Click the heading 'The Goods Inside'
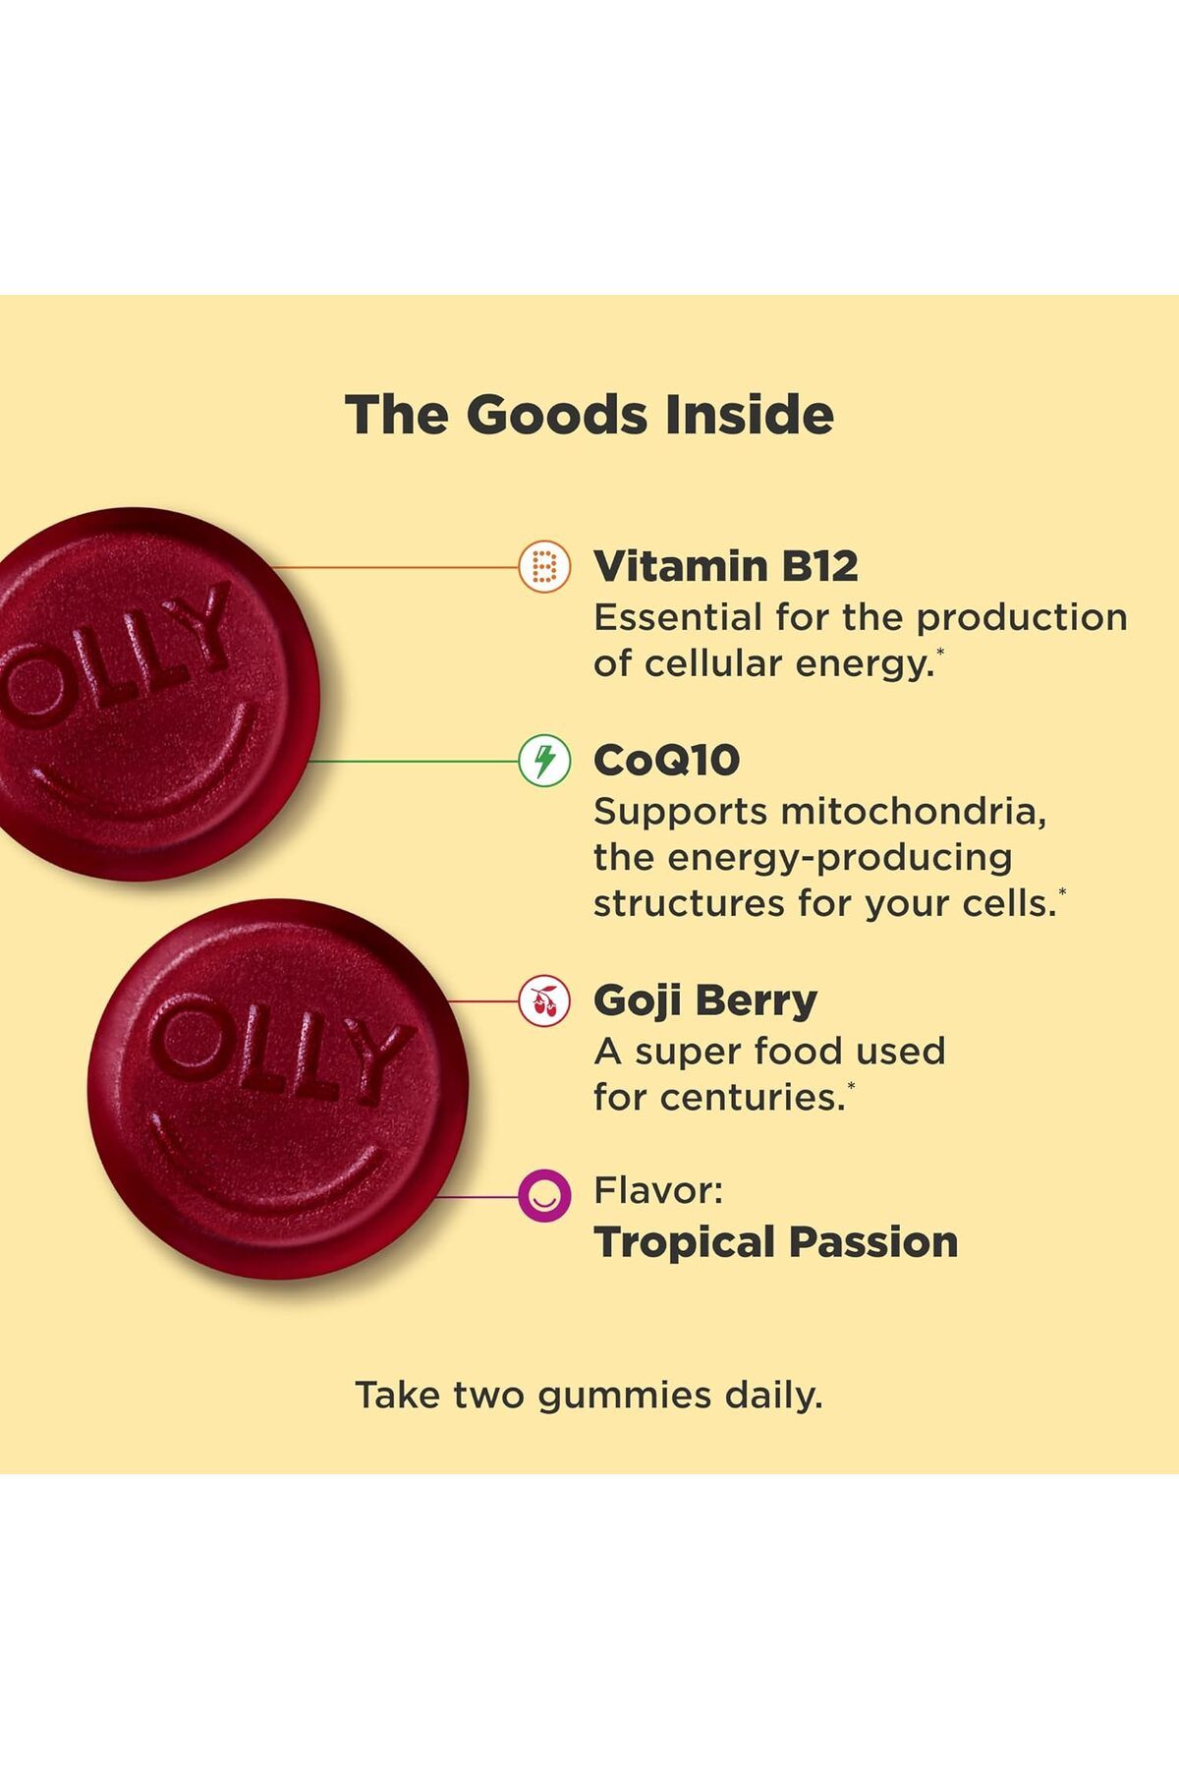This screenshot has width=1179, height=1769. click(589, 415)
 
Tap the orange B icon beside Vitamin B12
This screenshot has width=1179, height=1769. click(544, 567)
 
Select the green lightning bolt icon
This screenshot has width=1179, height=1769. click(544, 761)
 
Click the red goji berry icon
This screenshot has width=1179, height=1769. click(544, 1001)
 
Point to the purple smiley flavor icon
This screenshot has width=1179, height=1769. click(544, 1196)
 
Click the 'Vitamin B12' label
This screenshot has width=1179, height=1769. click(726, 566)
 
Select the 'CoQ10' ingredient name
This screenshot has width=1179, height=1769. click(667, 761)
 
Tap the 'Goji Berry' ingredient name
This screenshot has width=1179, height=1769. click(705, 1001)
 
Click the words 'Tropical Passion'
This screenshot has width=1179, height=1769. click(776, 1242)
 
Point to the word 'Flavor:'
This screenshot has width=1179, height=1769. click(658, 1191)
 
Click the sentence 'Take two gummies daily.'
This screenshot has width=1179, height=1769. click(589, 1396)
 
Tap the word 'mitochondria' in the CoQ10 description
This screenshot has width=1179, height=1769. click(914, 812)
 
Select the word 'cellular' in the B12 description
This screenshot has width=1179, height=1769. click(713, 663)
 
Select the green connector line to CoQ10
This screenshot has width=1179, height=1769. click(413, 761)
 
